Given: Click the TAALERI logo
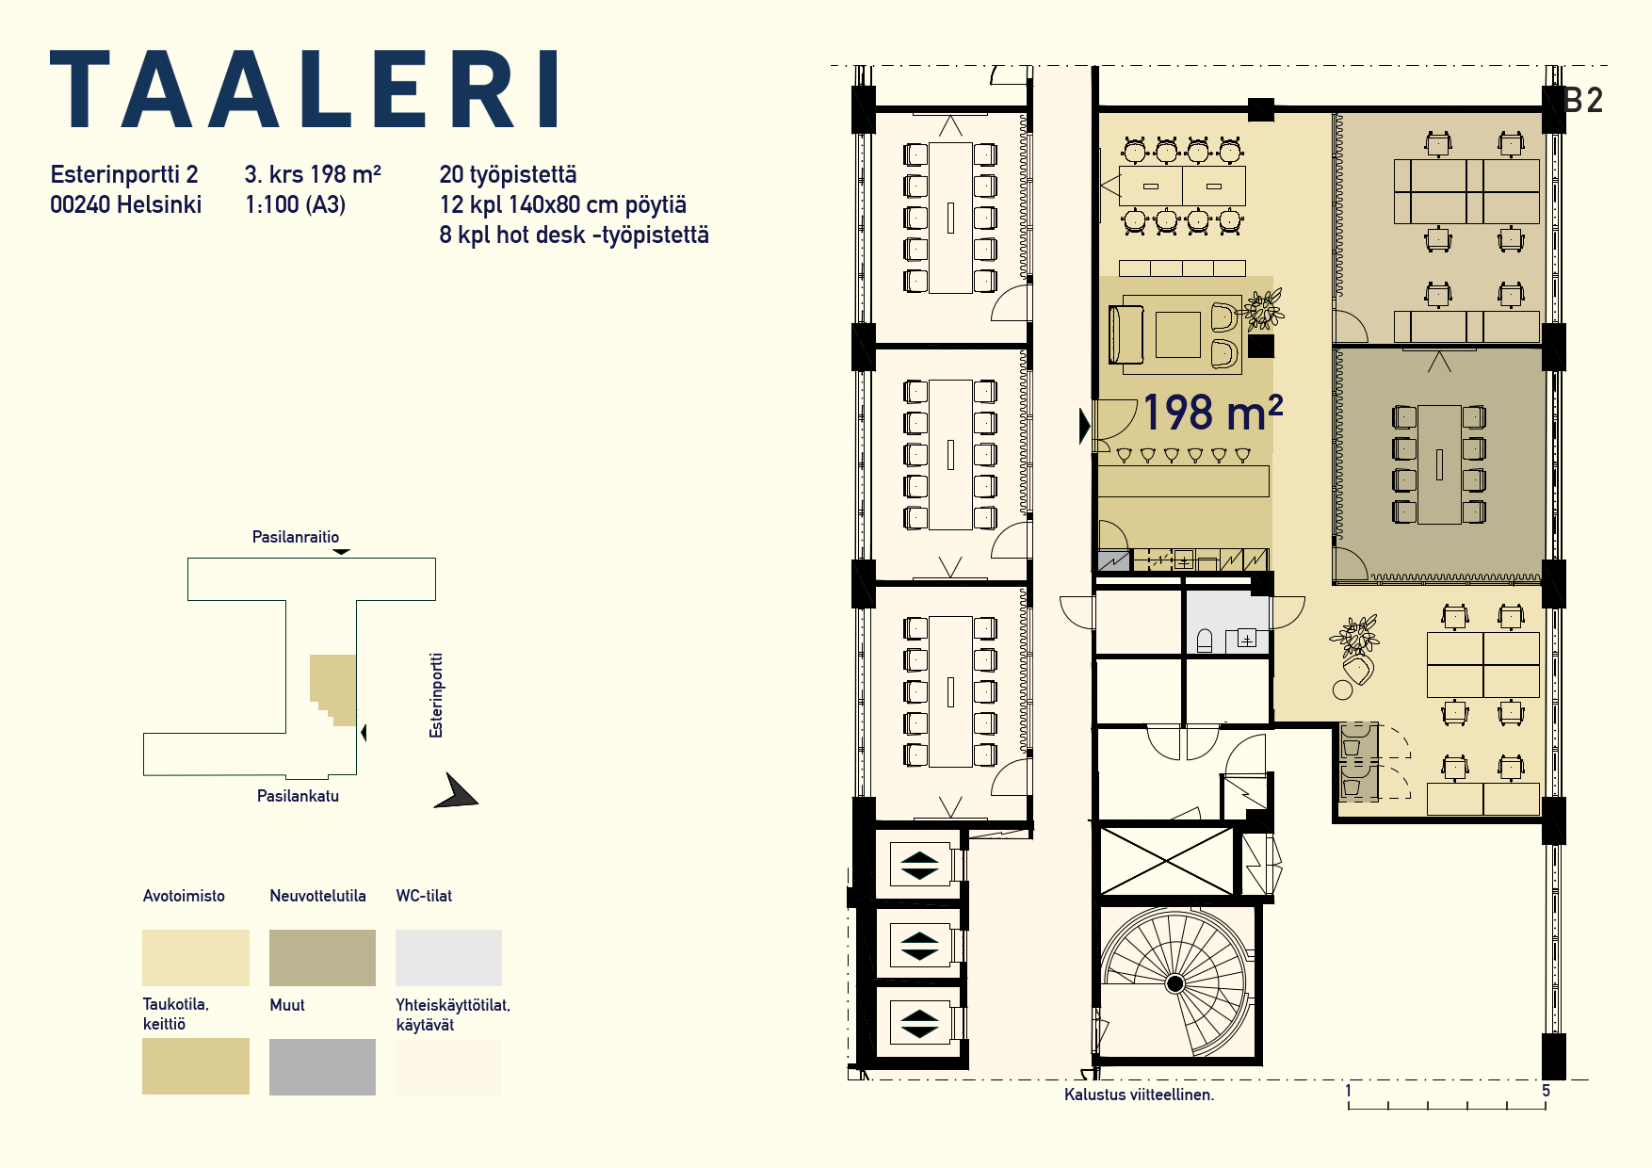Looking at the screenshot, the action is pyautogui.click(x=303, y=89).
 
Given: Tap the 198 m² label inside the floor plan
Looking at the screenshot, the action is pyautogui.click(x=1212, y=413).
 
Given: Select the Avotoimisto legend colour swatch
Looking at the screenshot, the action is pyautogui.click(x=196, y=957).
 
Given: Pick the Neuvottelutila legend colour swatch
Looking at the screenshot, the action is pyautogui.click(x=322, y=957).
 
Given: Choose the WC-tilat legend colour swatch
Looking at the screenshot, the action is pyautogui.click(x=448, y=957).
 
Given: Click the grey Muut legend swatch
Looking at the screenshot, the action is pyautogui.click(x=322, y=1066).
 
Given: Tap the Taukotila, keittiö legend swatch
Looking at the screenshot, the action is pyautogui.click(x=196, y=1066).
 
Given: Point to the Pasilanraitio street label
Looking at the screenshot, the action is pyautogui.click(x=296, y=537).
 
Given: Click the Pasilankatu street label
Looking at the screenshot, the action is pyautogui.click(x=298, y=796).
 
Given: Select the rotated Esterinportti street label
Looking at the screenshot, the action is pyautogui.click(x=436, y=695).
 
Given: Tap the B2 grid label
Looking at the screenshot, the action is pyautogui.click(x=1583, y=101).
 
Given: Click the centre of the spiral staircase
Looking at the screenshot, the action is pyautogui.click(x=1174, y=983).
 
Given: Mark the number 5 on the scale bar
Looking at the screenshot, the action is pyautogui.click(x=1546, y=1090).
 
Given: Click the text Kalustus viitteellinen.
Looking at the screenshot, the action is pyautogui.click(x=1139, y=1095).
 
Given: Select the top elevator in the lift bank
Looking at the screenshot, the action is pyautogui.click(x=919, y=865).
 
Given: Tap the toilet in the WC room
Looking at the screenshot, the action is pyautogui.click(x=1204, y=641).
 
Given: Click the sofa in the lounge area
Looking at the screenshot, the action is pyautogui.click(x=1126, y=334).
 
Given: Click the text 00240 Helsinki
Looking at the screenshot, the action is pyautogui.click(x=125, y=204).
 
